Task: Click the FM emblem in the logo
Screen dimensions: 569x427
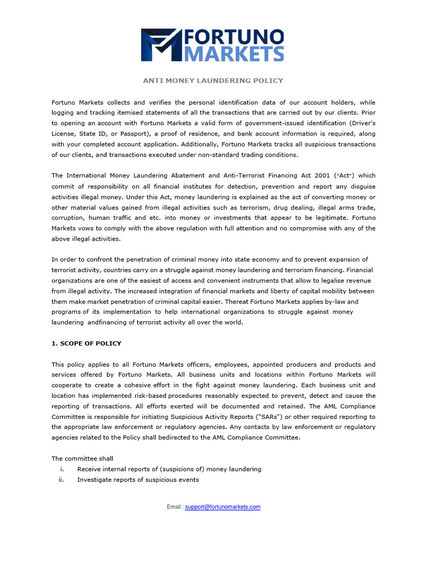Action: (161, 45)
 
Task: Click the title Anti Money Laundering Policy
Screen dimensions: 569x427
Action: (213, 81)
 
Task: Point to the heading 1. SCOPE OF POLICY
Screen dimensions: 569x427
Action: (86, 343)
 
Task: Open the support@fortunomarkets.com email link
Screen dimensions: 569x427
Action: (222, 507)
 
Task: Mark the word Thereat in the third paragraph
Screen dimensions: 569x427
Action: (240, 302)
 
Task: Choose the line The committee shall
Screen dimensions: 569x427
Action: (82, 458)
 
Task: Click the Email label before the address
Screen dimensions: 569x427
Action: (174, 507)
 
